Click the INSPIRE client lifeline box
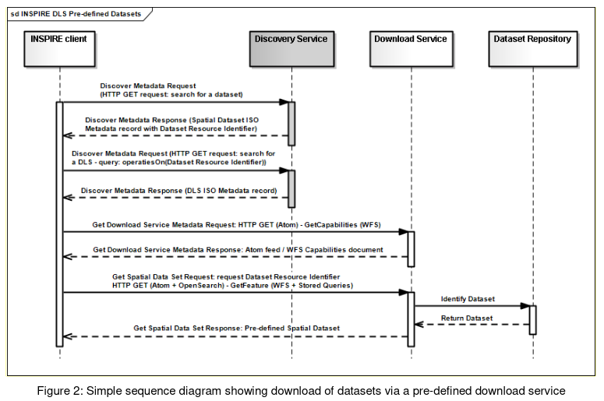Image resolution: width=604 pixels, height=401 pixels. (x=59, y=49)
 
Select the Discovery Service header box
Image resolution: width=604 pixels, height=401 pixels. (x=291, y=49)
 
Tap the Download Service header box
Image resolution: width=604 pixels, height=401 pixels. (x=411, y=49)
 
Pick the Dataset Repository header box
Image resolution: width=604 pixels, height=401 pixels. (x=533, y=49)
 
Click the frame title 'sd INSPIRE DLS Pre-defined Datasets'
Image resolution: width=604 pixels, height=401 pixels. (x=76, y=14)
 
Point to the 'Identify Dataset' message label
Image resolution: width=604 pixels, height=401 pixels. (x=468, y=299)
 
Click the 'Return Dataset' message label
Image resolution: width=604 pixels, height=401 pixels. (x=467, y=318)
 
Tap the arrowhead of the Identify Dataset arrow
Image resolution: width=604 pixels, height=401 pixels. (x=525, y=306)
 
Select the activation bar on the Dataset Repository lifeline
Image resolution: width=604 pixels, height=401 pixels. (x=533, y=320)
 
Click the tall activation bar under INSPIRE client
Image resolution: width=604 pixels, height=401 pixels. (x=59, y=224)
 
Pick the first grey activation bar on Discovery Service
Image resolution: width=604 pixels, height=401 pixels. (x=291, y=124)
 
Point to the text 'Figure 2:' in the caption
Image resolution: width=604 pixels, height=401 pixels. (x=60, y=391)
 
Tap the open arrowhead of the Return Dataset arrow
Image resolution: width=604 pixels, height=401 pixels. (x=419, y=325)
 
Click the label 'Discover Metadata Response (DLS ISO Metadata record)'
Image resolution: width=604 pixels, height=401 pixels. (x=178, y=191)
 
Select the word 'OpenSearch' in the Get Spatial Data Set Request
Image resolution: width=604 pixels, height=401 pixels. (x=201, y=286)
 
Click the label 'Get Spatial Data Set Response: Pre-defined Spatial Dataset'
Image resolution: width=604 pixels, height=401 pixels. (x=236, y=329)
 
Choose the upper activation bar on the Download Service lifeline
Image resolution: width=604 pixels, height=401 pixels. (x=411, y=249)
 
